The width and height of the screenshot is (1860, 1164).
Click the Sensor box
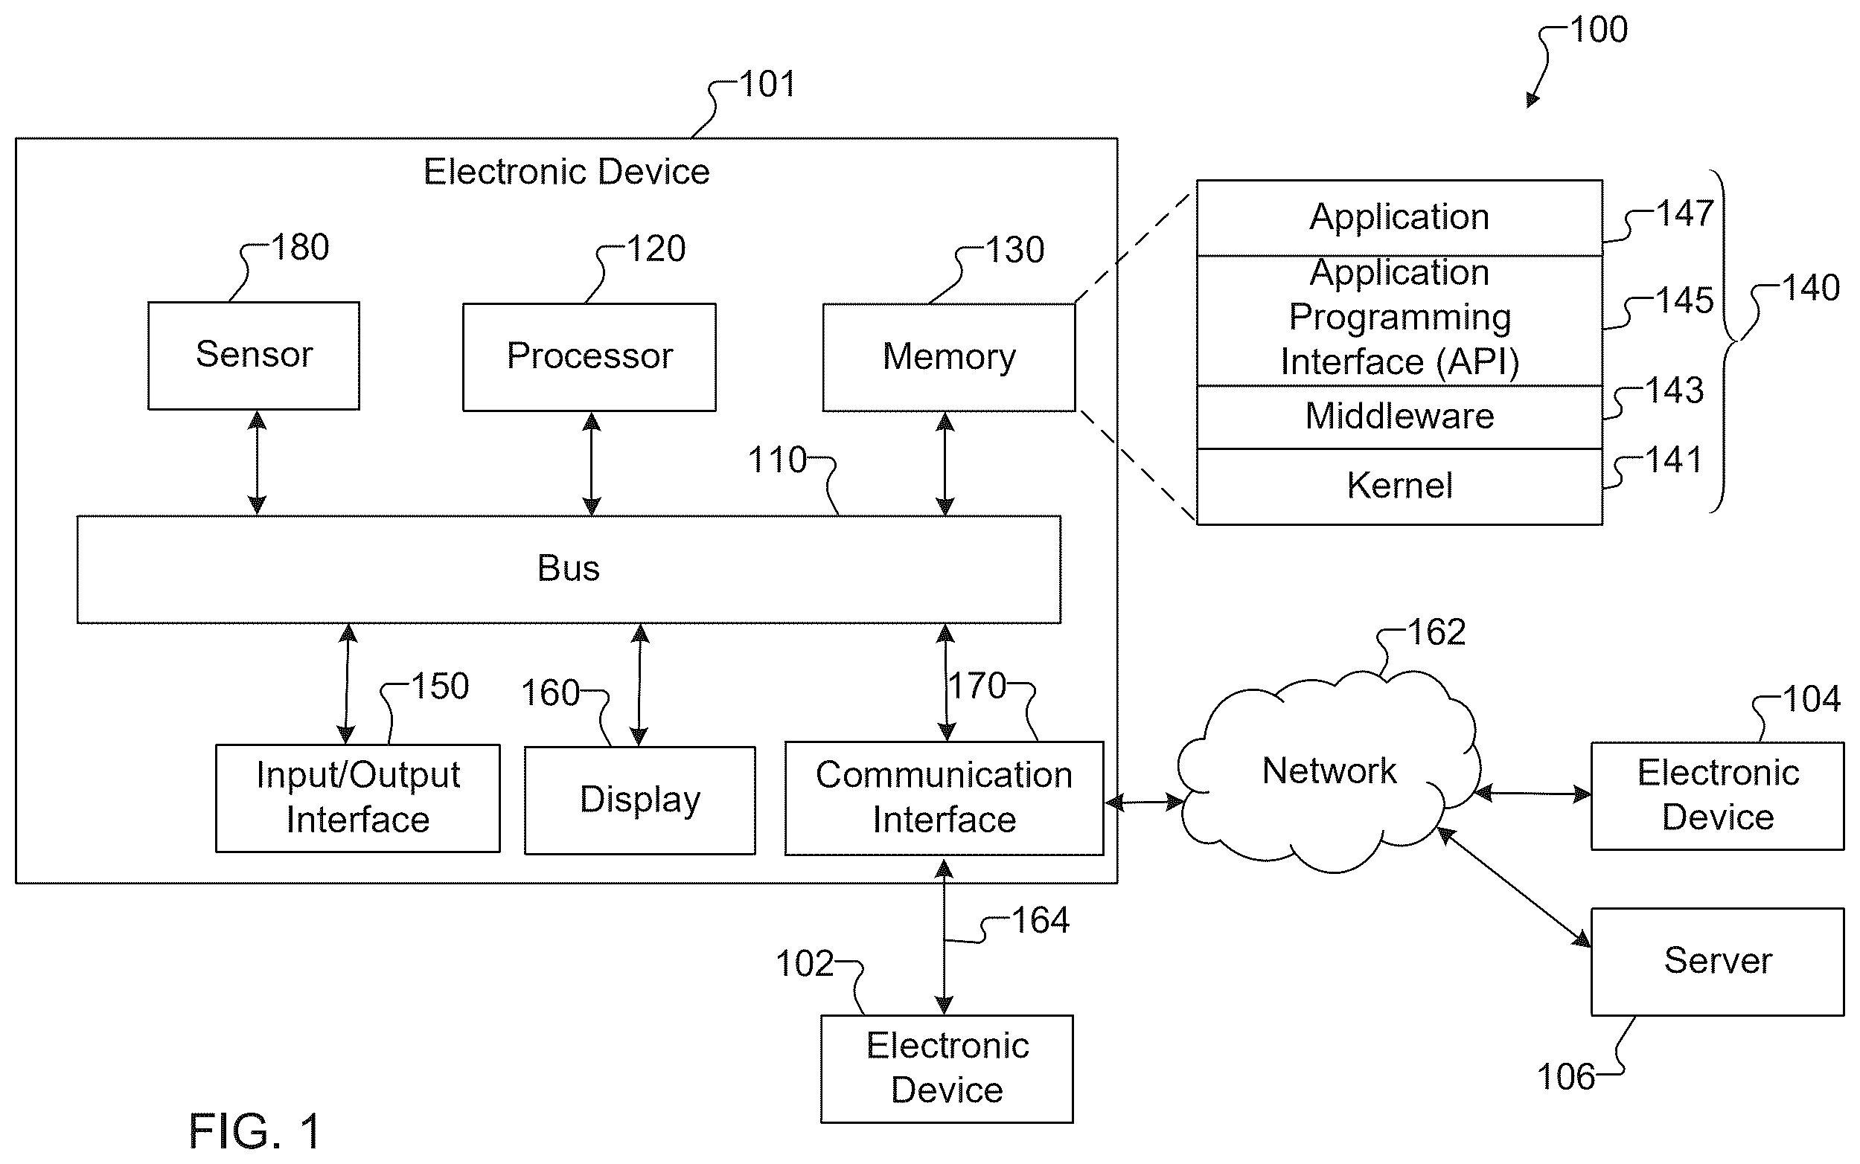tap(253, 356)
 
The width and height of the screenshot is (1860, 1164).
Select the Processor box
tap(589, 357)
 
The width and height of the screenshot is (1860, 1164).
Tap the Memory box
tap(949, 357)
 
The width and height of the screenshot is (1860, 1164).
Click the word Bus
tap(569, 568)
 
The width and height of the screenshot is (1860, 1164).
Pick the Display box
tap(640, 800)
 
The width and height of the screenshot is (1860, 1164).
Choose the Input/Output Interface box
tap(357, 797)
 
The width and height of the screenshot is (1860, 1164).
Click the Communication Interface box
tap(945, 798)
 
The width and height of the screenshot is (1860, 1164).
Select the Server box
tap(1718, 962)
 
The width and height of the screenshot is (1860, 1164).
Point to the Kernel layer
tap(1399, 486)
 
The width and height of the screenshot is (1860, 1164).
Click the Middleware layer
tap(1399, 417)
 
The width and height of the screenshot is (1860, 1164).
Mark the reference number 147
tap(1685, 213)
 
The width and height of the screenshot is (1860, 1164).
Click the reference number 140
tap(1812, 288)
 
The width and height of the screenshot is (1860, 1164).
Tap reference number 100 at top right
tap(1599, 30)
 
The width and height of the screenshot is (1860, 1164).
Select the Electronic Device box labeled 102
tap(947, 1070)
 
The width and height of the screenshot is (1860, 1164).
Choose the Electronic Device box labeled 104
tap(1718, 796)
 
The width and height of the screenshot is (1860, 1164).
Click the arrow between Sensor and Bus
tap(257, 463)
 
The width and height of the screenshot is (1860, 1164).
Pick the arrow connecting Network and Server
tap(1514, 887)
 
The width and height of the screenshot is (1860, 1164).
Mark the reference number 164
tap(1041, 921)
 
